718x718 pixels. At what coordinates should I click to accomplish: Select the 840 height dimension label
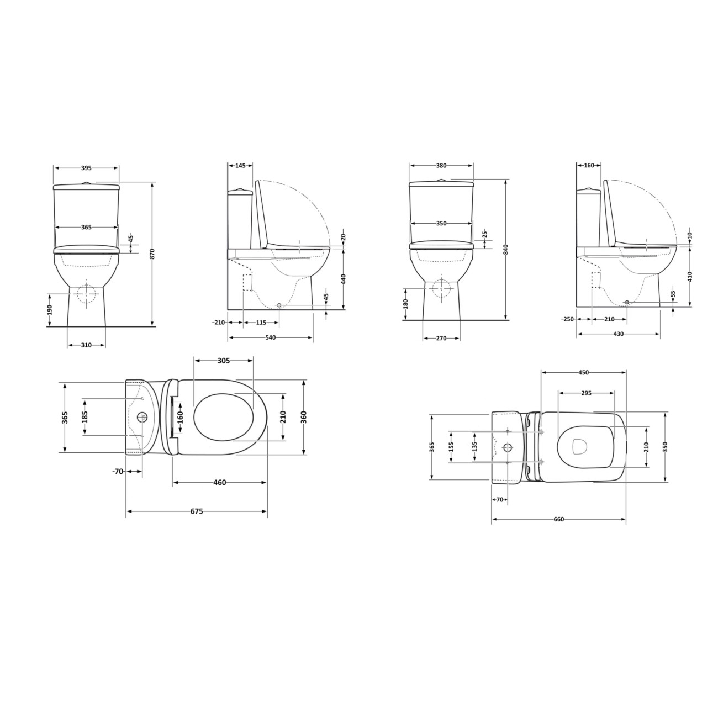(505, 249)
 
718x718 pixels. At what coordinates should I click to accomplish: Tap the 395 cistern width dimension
(86, 168)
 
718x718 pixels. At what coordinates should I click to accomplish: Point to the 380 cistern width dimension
(441, 166)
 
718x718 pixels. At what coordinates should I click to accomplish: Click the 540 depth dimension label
(270, 337)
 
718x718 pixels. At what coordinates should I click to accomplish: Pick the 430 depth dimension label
(618, 334)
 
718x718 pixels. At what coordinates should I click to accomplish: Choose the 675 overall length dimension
(197, 511)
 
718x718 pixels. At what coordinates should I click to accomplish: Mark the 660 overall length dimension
(558, 519)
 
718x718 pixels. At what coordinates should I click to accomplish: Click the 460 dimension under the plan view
(219, 483)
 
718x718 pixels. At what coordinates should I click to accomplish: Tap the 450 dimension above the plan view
(583, 373)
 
